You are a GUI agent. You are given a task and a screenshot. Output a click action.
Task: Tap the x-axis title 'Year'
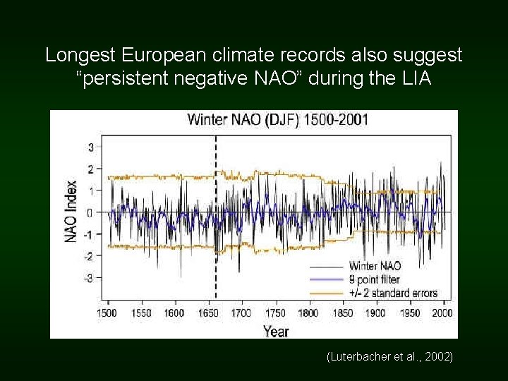[276, 330]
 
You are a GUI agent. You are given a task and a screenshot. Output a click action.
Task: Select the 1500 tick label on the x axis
[107, 313]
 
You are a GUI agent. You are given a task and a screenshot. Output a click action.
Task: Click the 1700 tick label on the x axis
[241, 313]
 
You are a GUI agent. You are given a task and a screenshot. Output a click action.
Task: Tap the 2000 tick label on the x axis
[442, 313]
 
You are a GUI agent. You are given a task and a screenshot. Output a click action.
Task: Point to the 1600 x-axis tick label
[174, 313]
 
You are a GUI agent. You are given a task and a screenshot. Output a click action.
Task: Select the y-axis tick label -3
[89, 278]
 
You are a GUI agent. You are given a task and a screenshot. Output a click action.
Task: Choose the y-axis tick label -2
[89, 257]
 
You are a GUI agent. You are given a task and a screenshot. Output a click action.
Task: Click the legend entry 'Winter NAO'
[375, 266]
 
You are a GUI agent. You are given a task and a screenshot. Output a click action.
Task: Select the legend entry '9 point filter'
[374, 279]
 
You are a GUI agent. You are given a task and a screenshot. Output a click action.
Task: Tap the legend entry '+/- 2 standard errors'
[393, 293]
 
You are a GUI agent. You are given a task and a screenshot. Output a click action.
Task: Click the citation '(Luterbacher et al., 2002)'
[390, 358]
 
